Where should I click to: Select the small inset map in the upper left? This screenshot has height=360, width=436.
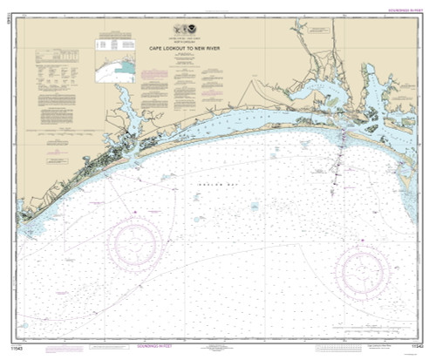(x=116, y=65)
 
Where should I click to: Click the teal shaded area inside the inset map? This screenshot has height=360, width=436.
(x=126, y=68)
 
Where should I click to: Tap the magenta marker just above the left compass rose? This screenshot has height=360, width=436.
(x=134, y=209)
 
